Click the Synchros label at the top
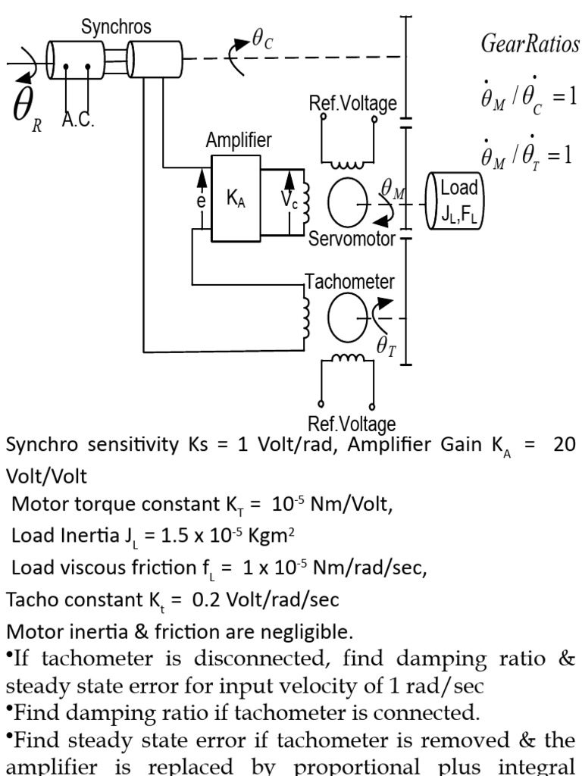[x=117, y=27]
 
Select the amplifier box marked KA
[x=236, y=199]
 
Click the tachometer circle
[x=348, y=318]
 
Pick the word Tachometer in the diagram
[x=349, y=282]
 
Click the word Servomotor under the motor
[x=352, y=239]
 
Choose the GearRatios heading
[x=530, y=44]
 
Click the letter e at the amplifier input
[x=202, y=202]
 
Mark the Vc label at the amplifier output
[x=289, y=199]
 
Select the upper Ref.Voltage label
[x=352, y=104]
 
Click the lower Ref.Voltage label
[x=352, y=424]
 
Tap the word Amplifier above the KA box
[x=239, y=140]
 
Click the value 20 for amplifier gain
[x=565, y=444]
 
